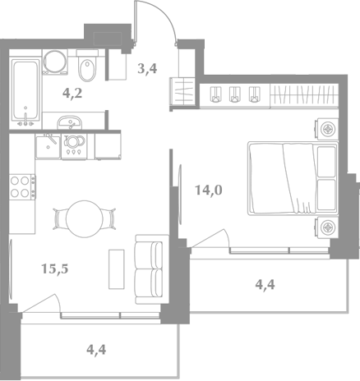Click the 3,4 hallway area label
(147, 68)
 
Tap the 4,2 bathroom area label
(72, 94)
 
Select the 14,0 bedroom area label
(208, 190)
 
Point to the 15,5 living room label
(55, 269)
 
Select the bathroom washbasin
(69, 122)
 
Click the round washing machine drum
(55, 62)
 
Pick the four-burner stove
(22, 187)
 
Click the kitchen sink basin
(48, 147)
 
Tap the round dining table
(85, 219)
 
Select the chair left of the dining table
(60, 219)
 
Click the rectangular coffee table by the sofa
(117, 269)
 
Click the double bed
(293, 178)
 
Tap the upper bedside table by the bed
(328, 129)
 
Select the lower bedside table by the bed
(328, 227)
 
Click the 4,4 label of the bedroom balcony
(265, 285)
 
